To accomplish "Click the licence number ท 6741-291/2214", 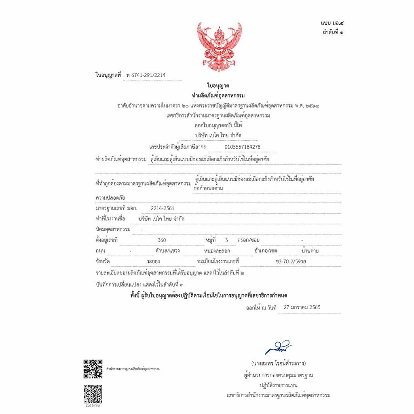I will pos(146,75).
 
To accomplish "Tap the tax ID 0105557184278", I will pos(242,147).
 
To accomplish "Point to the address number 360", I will pos(161,240).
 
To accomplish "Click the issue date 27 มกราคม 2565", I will pos(302,307).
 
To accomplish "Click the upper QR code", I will pos(93,369).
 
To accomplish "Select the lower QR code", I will pos(93,394).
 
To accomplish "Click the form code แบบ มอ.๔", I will pos(331,23).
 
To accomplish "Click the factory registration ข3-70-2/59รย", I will pos(290,262).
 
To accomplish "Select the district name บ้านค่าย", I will pos(310,251).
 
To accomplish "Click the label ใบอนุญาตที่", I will pos(108,75).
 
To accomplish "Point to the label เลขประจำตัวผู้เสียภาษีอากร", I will pos(177,147).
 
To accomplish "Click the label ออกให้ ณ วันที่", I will pos(261,308).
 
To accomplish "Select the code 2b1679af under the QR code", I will pos(93,406).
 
